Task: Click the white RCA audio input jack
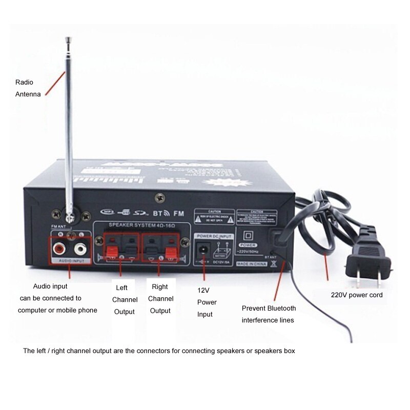(80, 250)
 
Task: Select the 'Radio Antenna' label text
(28, 88)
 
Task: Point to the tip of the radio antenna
(68, 39)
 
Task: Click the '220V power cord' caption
(356, 295)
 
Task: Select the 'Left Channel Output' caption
(124, 299)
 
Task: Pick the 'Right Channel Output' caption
(160, 299)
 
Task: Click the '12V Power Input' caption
(207, 302)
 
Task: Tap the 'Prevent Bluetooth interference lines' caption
(269, 314)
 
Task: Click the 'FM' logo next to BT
(178, 212)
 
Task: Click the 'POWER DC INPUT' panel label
(214, 236)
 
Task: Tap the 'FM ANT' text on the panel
(57, 226)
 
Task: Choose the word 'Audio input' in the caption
(50, 286)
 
